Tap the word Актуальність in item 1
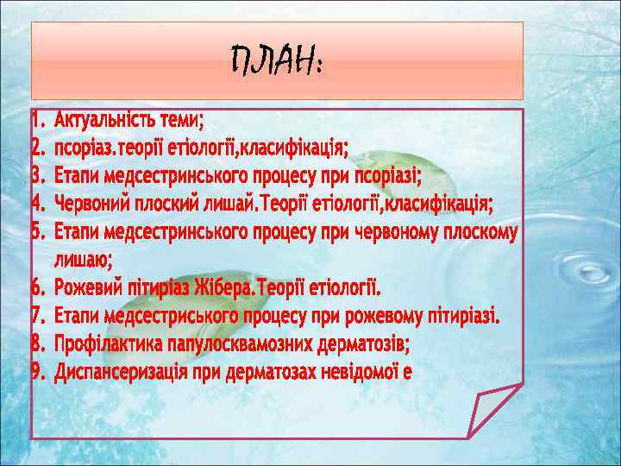[x=101, y=118]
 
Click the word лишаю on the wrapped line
[x=82, y=258]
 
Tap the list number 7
[x=37, y=315]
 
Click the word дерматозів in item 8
[x=356, y=343]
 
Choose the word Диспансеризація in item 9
[x=127, y=372]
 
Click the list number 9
[x=37, y=372]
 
